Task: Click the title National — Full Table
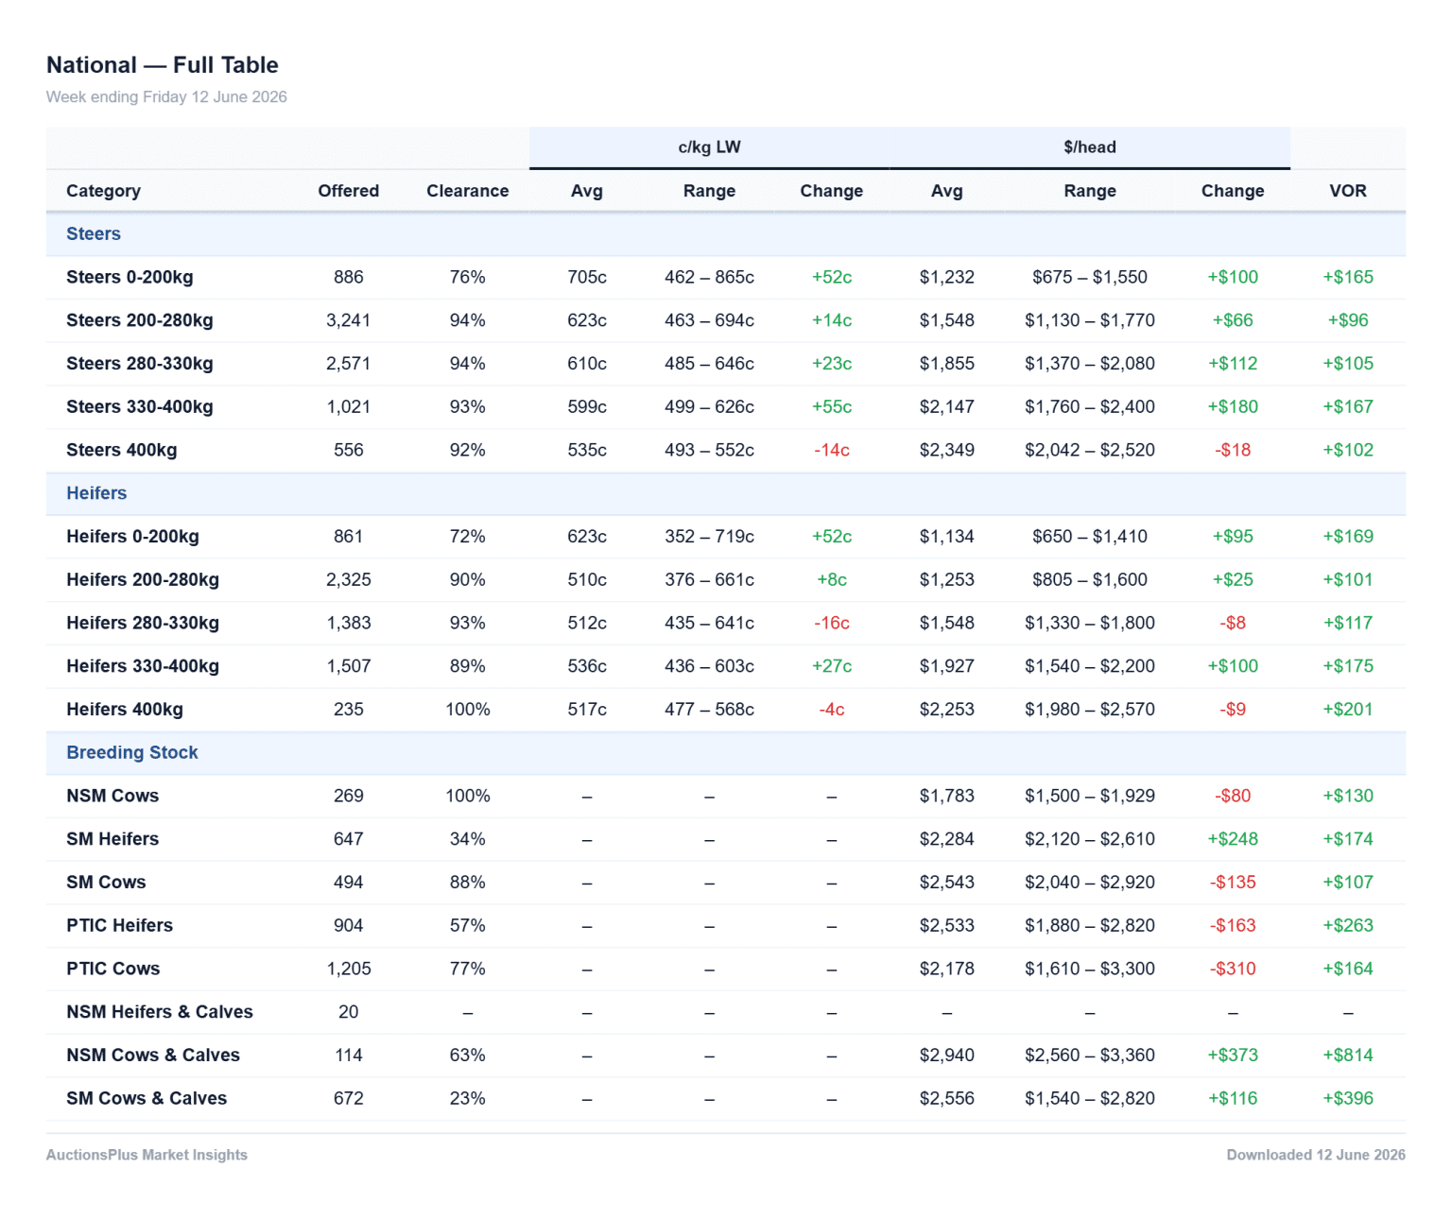[x=162, y=64]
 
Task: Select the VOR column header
[x=1347, y=191]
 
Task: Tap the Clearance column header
[x=467, y=191]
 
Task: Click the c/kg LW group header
[x=709, y=146]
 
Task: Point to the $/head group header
[x=1089, y=146]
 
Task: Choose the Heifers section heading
[x=96, y=492]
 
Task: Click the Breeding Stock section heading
[x=132, y=751]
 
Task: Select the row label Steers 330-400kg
[x=140, y=406]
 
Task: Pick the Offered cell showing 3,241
[x=349, y=320]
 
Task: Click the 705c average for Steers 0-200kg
[x=586, y=277]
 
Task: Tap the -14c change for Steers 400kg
[x=831, y=449]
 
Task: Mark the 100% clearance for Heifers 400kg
[x=467, y=709]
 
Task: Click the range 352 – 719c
[x=709, y=536]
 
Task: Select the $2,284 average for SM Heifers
[x=946, y=838]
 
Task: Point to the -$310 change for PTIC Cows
[x=1233, y=968]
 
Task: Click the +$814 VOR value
[x=1347, y=1055]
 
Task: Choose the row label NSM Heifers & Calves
[x=159, y=1011]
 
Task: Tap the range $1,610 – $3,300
[x=1089, y=968]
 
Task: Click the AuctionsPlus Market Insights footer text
[x=147, y=1155]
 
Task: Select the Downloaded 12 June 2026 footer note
[x=1315, y=1155]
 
